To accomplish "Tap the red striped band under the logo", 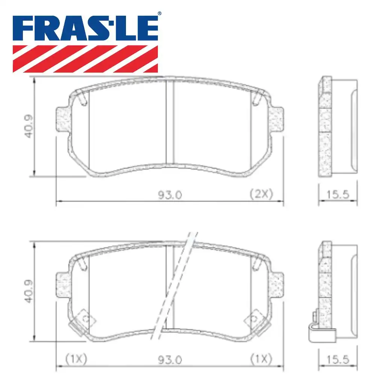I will point(85,59).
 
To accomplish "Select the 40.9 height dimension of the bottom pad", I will point(30,292).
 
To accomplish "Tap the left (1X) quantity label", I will point(76,359).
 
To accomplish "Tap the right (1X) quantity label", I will point(261,359).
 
